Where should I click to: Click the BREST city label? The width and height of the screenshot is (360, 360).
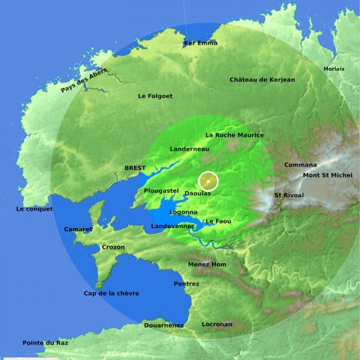pyautogui.click(x=135, y=168)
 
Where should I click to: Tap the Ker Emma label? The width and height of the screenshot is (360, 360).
pyautogui.click(x=201, y=43)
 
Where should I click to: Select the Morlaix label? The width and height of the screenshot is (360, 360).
pyautogui.click(x=334, y=69)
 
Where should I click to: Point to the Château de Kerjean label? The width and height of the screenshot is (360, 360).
pyautogui.click(x=262, y=80)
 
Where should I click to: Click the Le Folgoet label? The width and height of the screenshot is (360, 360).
pyautogui.click(x=155, y=96)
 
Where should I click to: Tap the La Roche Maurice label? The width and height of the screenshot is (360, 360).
pyautogui.click(x=235, y=135)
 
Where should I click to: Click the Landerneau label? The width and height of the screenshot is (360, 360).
pyautogui.click(x=190, y=149)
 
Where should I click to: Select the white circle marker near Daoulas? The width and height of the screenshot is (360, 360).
pyautogui.click(x=209, y=181)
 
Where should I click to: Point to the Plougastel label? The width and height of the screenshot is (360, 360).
pyautogui.click(x=161, y=191)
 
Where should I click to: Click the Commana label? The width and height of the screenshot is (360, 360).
pyautogui.click(x=301, y=165)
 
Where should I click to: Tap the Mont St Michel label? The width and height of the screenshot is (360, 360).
pyautogui.click(x=329, y=176)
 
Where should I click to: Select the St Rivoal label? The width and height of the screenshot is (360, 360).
pyautogui.click(x=289, y=195)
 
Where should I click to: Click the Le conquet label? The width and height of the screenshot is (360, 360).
pyautogui.click(x=35, y=209)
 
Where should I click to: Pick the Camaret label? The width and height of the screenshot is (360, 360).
pyautogui.click(x=78, y=229)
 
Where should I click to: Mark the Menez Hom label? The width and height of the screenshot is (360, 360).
pyautogui.click(x=207, y=265)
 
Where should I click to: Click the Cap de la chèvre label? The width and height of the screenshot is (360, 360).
pyautogui.click(x=111, y=293)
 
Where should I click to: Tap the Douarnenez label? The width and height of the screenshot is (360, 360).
pyautogui.click(x=164, y=325)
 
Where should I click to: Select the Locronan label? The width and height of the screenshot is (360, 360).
pyautogui.click(x=217, y=325)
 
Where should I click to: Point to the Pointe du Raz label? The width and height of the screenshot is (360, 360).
pyautogui.click(x=45, y=343)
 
